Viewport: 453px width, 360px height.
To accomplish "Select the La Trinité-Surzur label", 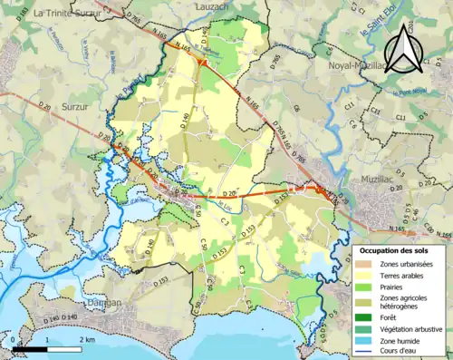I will pyautogui.click(x=67, y=14).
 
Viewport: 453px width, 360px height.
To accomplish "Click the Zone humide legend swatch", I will pyautogui.click(x=365, y=340).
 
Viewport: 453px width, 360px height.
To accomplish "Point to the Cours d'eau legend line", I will pyautogui.click(x=365, y=351).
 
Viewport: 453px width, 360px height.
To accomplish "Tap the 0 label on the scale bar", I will pyautogui.click(x=15, y=339).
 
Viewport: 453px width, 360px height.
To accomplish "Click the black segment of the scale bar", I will pyautogui.click(x=32, y=349).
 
